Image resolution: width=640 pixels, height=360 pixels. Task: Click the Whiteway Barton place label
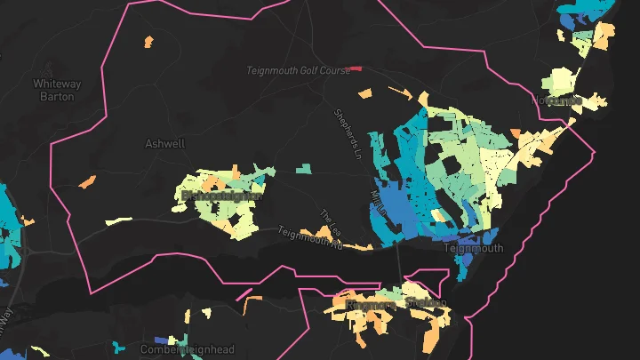click(57, 90)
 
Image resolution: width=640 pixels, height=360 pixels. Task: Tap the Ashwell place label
click(164, 142)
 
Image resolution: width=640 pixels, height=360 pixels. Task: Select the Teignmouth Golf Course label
click(298, 69)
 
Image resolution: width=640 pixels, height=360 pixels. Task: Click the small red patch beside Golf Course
click(356, 68)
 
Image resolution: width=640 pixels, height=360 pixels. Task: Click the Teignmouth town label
click(473, 249)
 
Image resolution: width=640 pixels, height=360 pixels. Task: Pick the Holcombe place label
click(557, 100)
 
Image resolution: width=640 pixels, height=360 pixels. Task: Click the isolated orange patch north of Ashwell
click(148, 41)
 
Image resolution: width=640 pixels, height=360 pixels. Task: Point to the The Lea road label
click(330, 223)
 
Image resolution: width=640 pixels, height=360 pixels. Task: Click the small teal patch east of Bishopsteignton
click(304, 168)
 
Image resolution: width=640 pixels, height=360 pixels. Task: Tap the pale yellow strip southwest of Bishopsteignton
click(116, 220)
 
